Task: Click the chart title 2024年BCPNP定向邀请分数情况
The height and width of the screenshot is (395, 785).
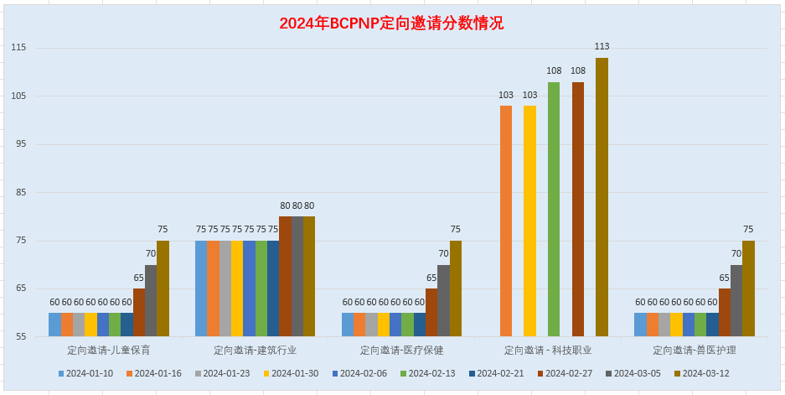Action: pos(391,23)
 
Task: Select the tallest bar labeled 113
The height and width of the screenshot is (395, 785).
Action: pos(602,197)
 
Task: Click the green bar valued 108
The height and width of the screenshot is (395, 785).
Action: pos(554,210)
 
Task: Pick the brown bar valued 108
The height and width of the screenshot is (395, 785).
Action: pos(578,210)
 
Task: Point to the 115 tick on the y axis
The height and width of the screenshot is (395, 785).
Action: pos(18,48)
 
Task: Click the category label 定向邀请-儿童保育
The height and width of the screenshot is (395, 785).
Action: pos(109,350)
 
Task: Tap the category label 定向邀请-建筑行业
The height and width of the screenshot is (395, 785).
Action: pos(255,350)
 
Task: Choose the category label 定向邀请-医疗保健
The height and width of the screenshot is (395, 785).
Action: pos(401,350)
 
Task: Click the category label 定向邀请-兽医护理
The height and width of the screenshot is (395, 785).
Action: pos(695,350)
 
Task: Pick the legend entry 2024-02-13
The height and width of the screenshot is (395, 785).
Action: pos(431,373)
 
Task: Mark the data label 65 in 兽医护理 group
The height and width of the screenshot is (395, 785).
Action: pos(725,278)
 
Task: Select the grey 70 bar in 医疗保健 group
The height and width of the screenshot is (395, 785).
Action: pos(443,301)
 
